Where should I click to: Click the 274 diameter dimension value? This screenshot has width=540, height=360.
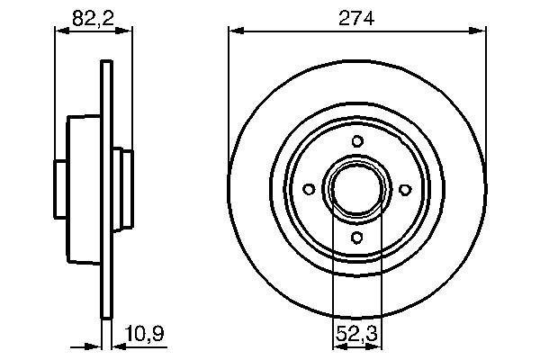[x=356, y=18]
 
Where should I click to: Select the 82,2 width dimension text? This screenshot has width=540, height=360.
[x=93, y=18]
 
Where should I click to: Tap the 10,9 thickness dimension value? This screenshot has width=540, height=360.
[x=144, y=333]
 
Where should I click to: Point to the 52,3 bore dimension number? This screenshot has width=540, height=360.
[x=356, y=333]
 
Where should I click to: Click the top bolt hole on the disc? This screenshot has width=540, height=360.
[x=357, y=141]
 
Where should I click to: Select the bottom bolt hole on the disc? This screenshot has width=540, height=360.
[x=356, y=238]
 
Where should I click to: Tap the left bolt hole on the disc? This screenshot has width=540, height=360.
[x=309, y=189]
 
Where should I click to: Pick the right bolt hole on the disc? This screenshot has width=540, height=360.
[x=405, y=190]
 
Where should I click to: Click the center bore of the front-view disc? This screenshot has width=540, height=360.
[x=357, y=189]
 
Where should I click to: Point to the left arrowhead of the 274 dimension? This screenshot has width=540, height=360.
[x=237, y=31]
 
